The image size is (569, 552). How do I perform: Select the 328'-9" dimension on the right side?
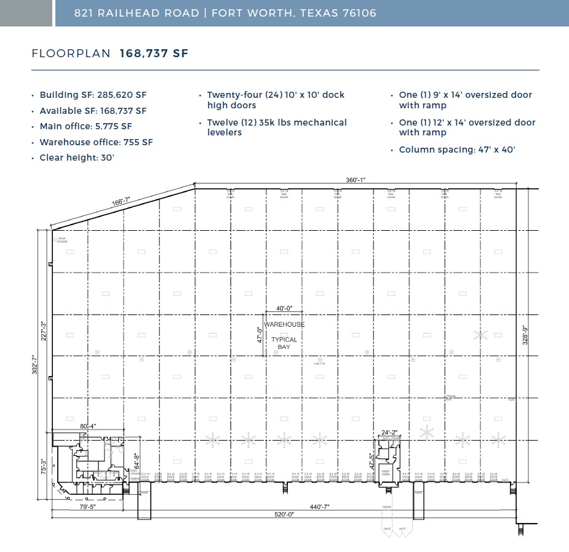click(525, 335)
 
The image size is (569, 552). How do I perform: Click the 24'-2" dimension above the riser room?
click(390, 432)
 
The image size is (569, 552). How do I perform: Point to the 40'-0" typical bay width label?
click(284, 309)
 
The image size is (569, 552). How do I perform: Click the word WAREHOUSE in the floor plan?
click(284, 324)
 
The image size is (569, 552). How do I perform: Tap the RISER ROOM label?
click(386, 473)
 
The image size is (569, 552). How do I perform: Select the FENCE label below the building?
click(387, 507)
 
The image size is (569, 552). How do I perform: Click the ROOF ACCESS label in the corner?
click(62, 240)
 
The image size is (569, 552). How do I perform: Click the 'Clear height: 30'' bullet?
click(77, 158)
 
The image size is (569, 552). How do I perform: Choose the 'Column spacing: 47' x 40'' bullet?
click(456, 150)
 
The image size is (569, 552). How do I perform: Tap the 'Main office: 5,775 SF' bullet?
click(86, 126)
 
